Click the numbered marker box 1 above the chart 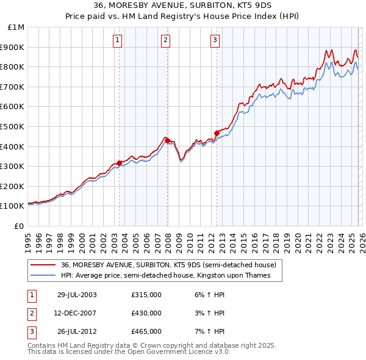click(x=117, y=41)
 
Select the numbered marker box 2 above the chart click(x=165, y=41)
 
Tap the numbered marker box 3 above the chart click(x=215, y=41)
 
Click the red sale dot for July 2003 click(x=120, y=163)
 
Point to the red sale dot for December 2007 click(x=167, y=140)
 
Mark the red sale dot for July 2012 click(x=217, y=133)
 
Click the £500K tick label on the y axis click(x=12, y=126)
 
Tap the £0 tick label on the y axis click(x=20, y=226)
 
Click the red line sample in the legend click(x=43, y=265)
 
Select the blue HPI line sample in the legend click(x=43, y=276)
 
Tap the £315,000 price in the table click(x=146, y=295)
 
